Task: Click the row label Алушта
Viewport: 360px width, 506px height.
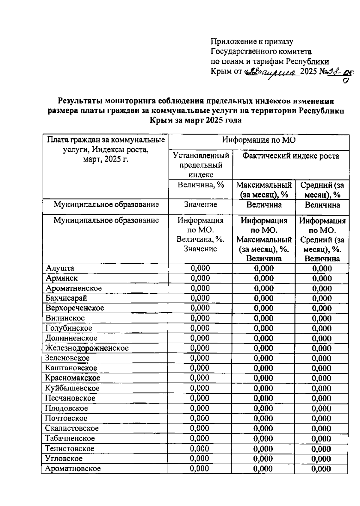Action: [x=60, y=268]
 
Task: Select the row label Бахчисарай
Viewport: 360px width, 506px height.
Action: [x=66, y=298]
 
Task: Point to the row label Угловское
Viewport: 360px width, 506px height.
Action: [x=64, y=458]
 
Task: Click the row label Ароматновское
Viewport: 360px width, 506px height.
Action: [x=73, y=468]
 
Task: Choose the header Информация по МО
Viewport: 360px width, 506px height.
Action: [x=259, y=140]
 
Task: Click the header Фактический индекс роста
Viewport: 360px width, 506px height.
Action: [x=291, y=156]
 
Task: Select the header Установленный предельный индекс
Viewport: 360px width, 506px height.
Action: [x=201, y=165]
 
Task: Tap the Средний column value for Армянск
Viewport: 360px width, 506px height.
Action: [x=322, y=278]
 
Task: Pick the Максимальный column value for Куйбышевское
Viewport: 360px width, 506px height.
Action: [x=264, y=388]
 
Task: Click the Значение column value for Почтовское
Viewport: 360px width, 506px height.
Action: [x=200, y=418]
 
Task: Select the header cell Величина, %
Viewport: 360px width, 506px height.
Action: [x=201, y=185]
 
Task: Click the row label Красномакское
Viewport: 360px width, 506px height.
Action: [x=73, y=378]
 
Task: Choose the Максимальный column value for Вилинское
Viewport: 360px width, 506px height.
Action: [x=264, y=318]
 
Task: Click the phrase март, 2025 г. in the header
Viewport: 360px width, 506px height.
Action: [x=106, y=159]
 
